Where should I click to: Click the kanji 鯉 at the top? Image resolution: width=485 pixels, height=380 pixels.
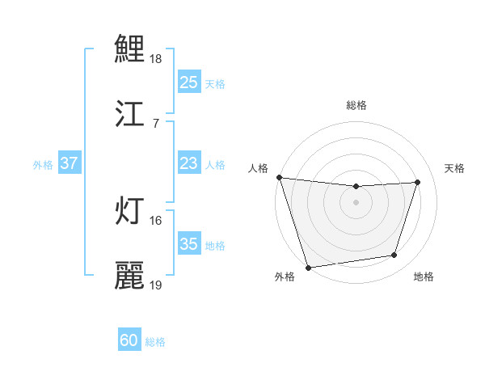point(130,50)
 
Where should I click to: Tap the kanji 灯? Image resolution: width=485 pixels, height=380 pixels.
point(130,210)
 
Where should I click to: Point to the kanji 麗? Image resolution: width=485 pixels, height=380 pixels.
point(130,275)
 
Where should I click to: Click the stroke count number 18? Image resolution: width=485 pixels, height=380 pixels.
point(156,59)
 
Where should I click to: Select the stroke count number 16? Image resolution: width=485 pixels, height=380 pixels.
point(156,220)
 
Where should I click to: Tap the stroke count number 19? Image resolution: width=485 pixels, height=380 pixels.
point(156,285)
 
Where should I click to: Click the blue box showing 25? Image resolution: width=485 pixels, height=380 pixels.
point(189,82)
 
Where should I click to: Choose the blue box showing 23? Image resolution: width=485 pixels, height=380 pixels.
point(189,164)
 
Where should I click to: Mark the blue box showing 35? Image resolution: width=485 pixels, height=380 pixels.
point(189,245)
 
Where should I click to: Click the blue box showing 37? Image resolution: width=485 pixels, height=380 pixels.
point(70,164)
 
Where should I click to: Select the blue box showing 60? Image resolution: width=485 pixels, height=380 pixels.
point(129,341)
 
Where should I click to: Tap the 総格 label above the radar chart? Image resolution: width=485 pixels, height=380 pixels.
point(356,105)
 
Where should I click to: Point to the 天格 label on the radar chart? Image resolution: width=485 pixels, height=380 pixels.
point(454,168)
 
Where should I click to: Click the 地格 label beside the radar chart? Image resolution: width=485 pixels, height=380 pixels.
point(424,277)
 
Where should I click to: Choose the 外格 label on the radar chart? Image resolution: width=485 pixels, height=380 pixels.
point(285,277)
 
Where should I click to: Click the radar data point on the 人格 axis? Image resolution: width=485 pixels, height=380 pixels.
point(279,177)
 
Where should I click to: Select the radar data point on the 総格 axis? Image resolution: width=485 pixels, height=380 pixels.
point(356,187)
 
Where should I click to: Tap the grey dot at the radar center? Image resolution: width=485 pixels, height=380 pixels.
point(356,202)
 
